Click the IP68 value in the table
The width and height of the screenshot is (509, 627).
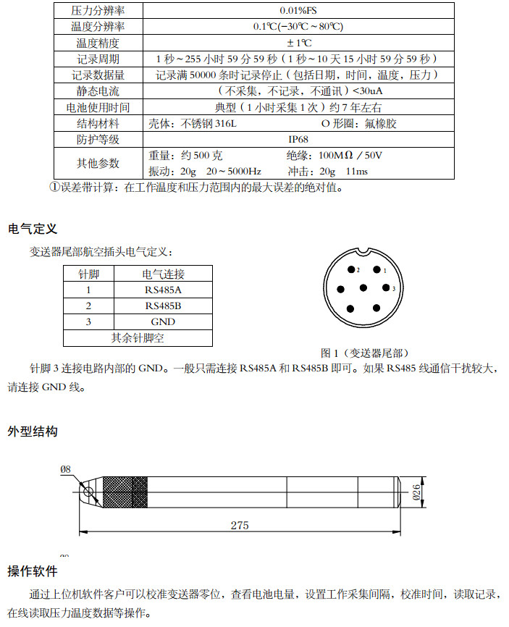[298, 139]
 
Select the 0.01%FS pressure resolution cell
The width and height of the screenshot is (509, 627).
[298, 11]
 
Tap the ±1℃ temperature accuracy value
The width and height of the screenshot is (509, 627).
[298, 43]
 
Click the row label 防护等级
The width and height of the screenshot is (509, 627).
[98, 139]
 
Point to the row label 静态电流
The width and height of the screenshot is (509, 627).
[98, 91]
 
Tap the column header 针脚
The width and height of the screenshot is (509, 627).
[88, 274]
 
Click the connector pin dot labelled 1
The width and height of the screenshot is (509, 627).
[377, 270]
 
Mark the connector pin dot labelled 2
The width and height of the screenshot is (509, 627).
[350, 269]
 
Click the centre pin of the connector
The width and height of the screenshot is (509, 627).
[363, 288]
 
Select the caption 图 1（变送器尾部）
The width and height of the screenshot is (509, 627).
[364, 353]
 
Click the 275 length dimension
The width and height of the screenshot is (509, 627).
[240, 525]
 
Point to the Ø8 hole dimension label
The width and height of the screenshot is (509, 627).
[66, 469]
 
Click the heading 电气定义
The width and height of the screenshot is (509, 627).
[33, 229]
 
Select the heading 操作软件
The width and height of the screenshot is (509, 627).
[33, 571]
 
